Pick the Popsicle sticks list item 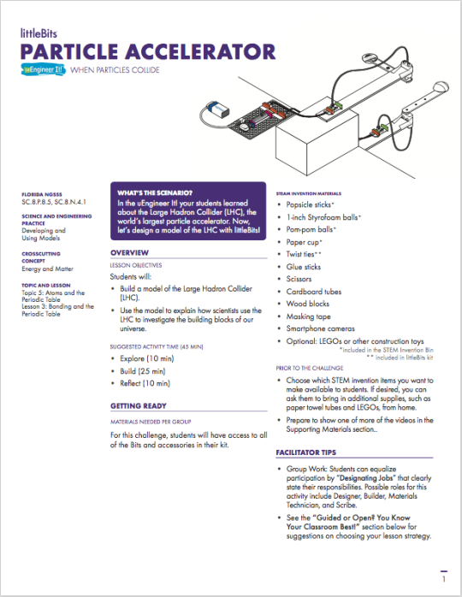(x=313, y=206)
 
